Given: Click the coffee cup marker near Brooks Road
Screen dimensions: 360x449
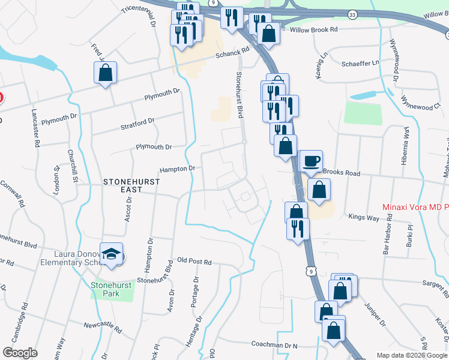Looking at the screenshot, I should [x=311, y=161].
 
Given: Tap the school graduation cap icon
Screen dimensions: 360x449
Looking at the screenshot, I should [x=112, y=254].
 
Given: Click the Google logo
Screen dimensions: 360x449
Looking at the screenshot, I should [x=20, y=353].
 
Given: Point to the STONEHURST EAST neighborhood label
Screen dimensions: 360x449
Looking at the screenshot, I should [x=123, y=185].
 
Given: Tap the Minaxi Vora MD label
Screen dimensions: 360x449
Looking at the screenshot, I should [x=415, y=208].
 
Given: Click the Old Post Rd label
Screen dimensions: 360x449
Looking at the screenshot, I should [x=194, y=262].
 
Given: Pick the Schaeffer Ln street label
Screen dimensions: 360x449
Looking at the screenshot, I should [x=361, y=62].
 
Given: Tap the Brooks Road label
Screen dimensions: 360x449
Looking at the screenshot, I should [x=342, y=173].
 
